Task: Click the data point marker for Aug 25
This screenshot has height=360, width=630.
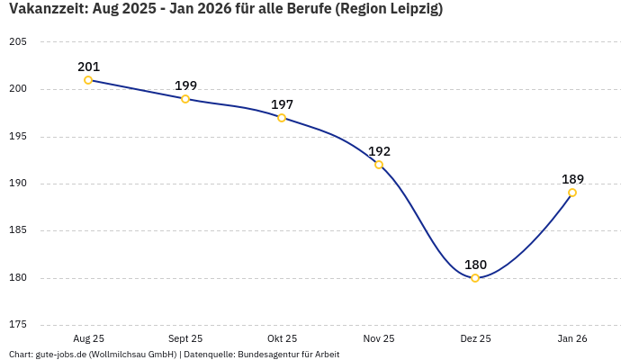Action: tap(88, 80)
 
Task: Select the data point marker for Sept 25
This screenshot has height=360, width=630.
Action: tap(185, 99)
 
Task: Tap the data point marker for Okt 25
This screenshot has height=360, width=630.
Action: tap(282, 118)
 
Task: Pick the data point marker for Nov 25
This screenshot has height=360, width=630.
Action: tap(379, 165)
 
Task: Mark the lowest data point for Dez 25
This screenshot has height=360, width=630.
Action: tap(475, 278)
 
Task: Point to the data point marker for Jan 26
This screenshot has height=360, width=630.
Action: tap(572, 193)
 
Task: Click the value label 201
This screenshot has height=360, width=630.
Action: tap(88, 67)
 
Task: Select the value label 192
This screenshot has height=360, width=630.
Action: tap(379, 151)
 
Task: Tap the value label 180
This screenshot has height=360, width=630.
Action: tap(475, 265)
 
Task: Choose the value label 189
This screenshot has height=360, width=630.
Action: tap(572, 179)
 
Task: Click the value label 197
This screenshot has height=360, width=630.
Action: tap(282, 104)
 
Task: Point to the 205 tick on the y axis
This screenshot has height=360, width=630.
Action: tap(17, 42)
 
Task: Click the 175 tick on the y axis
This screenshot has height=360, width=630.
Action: tap(17, 325)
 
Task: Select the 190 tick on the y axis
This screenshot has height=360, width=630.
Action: tap(17, 184)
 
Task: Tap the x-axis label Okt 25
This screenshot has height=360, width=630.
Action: tap(282, 338)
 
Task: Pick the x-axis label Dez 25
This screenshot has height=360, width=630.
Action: tap(475, 338)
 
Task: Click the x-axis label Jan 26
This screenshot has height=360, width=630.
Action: tap(572, 338)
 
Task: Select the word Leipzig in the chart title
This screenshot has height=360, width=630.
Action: tap(411, 9)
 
